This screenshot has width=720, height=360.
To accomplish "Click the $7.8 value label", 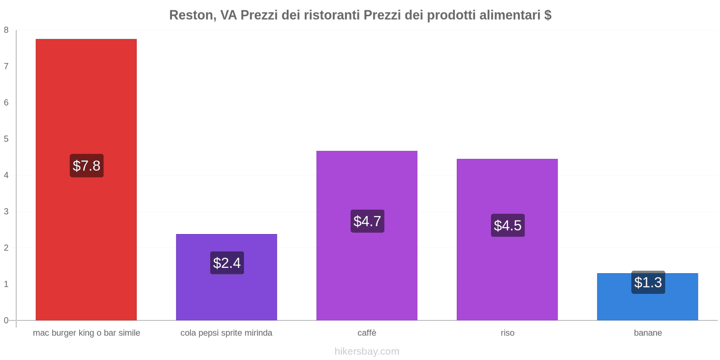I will pos(86,166).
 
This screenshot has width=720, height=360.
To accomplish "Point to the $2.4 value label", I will pos(227,263).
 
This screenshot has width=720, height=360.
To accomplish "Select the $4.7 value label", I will pos(367,221).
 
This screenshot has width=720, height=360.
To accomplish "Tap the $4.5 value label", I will pos(508,225).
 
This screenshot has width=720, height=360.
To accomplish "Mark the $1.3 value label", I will pos(648,282).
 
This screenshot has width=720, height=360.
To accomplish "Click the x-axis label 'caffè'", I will pos(367,333).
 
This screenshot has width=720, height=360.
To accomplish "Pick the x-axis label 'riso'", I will pos(508,333).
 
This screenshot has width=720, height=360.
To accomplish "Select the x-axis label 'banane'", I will pos(648,333).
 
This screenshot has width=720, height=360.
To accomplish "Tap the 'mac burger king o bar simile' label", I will pos(86,333).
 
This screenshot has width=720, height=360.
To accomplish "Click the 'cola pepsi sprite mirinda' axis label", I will pos(226,333).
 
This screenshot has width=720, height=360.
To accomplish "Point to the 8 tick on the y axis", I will pos(6,30).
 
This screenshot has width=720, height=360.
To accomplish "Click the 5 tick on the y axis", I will pos(6,139).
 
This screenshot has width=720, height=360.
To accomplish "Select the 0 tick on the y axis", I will pos(6,320).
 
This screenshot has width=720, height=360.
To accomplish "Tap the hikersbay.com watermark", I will pos(367,351).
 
